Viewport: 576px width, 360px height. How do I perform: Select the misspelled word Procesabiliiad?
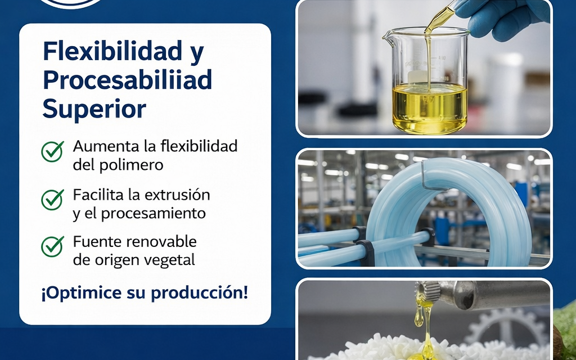pyautogui.click(x=127, y=80)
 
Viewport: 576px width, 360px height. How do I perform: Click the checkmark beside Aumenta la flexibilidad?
pyautogui.click(x=52, y=151)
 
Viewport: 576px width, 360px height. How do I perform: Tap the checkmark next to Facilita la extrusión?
pyautogui.click(x=52, y=199)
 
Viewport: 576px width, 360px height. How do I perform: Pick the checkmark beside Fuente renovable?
pyautogui.click(x=52, y=246)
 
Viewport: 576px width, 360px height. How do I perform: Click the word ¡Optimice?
pyautogui.click(x=73, y=294)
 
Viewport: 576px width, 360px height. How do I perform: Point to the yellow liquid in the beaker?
pyautogui.click(x=429, y=107)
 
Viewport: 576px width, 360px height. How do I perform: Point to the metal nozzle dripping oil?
pyautogui.click(x=484, y=294)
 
